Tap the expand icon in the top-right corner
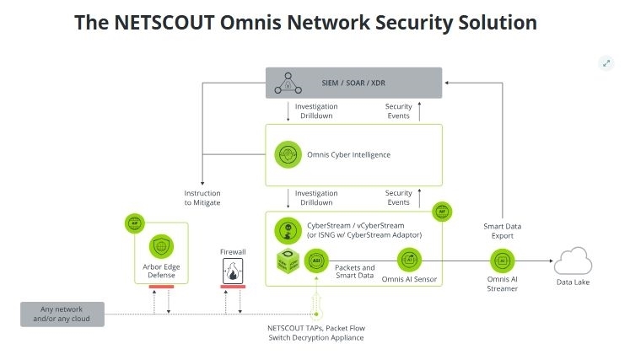click(606, 63)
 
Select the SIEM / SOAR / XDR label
click(354, 83)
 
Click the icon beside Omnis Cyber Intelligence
click(287, 155)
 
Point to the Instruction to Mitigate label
click(202, 197)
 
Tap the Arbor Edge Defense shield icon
click(159, 246)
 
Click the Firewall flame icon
click(232, 271)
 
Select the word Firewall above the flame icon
click(232, 251)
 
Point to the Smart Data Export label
click(503, 231)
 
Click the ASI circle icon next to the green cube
click(317, 260)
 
